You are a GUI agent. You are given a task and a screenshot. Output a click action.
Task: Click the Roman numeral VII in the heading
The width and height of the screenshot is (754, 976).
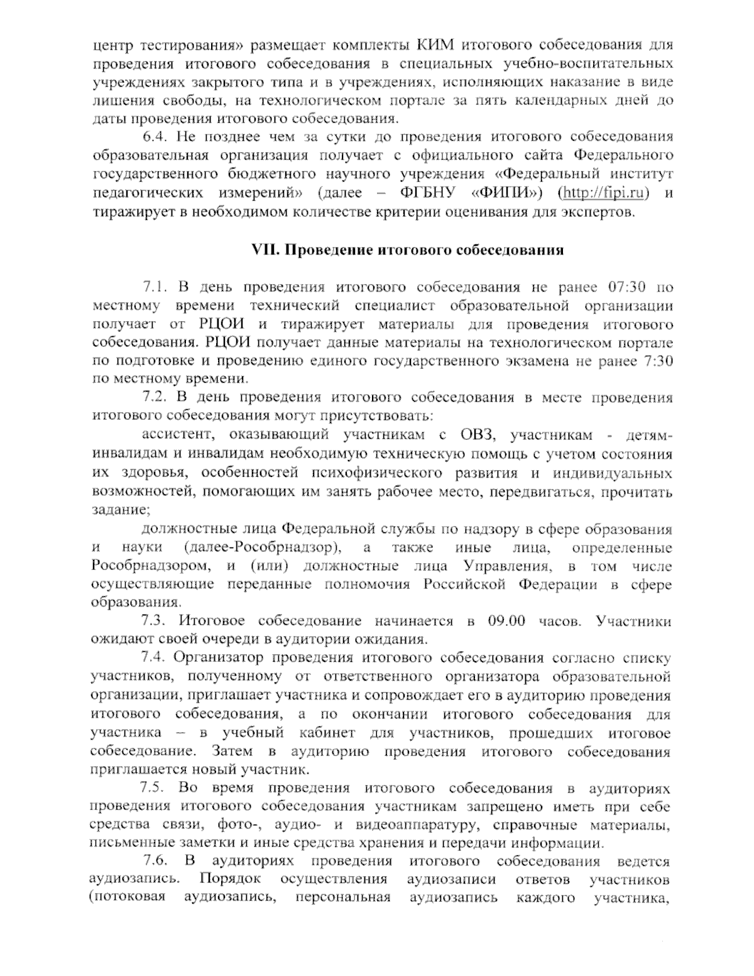[x=265, y=250]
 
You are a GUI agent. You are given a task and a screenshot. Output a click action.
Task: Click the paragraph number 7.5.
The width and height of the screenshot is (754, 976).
[x=152, y=788]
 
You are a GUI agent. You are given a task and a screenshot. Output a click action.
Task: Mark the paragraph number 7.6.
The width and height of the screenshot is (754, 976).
[x=155, y=861]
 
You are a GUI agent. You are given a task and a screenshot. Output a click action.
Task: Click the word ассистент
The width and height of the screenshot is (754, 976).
[x=178, y=435]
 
